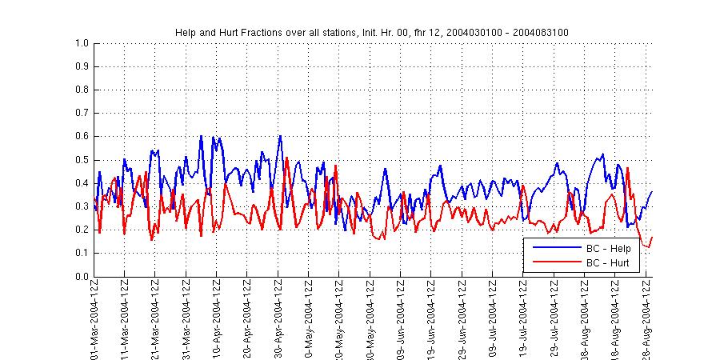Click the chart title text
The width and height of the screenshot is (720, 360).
tap(372, 32)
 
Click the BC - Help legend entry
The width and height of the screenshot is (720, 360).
tap(608, 249)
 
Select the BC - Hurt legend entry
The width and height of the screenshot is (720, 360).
tap(608, 262)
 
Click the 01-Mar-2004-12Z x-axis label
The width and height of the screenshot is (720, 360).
tap(94, 320)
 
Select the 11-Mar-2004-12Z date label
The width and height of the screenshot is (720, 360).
tap(125, 320)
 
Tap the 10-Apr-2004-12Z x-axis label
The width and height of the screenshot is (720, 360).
tap(217, 320)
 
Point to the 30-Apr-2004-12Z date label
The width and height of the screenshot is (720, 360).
tap(278, 320)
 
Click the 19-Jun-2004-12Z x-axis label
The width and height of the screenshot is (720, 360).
tap(431, 320)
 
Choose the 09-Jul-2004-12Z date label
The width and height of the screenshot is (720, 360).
tap(493, 320)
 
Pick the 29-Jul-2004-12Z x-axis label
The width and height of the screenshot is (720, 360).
tap(554, 320)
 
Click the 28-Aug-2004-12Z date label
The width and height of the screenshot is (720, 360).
tap(646, 320)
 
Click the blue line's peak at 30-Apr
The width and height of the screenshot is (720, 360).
tap(280, 136)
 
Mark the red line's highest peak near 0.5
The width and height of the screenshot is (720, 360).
tap(286, 158)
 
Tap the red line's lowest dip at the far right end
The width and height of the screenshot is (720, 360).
tap(649, 246)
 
